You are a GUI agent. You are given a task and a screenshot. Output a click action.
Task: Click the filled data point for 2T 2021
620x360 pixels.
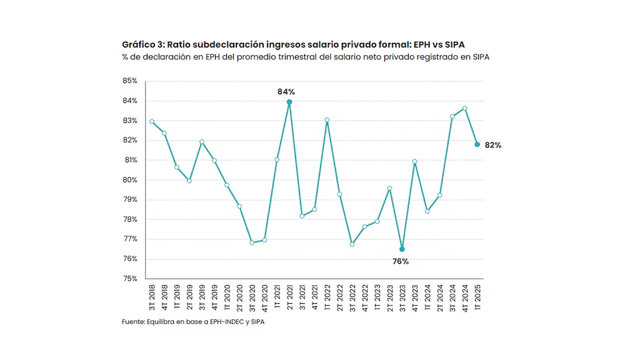point(289,102)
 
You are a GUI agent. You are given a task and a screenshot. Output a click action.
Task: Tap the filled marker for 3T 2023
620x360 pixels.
point(402,249)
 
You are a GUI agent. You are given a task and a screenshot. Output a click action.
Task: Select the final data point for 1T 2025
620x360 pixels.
point(477,144)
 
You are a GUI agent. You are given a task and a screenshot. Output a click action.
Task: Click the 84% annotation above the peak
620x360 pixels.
point(286,92)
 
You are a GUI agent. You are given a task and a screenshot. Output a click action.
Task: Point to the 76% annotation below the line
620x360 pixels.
point(401,261)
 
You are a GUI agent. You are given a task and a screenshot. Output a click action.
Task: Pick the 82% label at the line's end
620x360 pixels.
point(493,145)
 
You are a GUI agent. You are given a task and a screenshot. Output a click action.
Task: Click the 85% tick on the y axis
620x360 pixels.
point(129,81)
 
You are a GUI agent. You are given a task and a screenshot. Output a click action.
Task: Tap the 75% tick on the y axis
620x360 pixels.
point(129,279)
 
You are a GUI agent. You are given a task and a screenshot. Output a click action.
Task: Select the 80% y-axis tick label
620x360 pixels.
point(129,180)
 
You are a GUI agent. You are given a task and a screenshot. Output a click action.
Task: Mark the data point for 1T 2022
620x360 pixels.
point(327,120)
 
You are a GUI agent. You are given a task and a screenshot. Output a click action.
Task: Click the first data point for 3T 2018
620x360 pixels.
point(152,121)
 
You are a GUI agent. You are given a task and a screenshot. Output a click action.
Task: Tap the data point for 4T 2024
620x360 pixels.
point(464,108)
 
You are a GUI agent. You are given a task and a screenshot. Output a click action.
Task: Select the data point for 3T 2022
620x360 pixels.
point(352,244)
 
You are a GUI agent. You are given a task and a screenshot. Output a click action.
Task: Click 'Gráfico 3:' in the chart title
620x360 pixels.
point(143,45)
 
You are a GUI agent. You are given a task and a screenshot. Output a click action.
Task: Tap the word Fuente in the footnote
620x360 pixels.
point(132,322)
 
